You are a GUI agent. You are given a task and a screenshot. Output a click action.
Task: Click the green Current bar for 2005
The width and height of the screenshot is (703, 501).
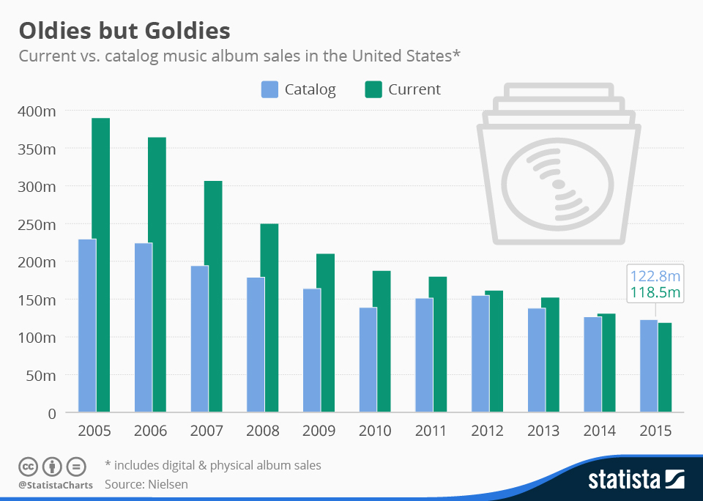click(101, 264)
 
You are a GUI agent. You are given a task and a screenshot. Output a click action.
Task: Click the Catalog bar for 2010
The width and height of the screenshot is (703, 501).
click(368, 360)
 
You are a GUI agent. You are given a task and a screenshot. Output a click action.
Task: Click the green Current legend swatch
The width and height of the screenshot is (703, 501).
click(373, 90)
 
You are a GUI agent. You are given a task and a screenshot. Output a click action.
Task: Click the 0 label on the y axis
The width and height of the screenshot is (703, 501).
click(51, 413)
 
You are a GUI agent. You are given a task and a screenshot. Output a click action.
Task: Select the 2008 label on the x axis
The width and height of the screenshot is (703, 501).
click(263, 431)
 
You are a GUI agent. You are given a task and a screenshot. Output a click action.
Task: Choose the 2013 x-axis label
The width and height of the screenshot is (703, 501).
click(544, 431)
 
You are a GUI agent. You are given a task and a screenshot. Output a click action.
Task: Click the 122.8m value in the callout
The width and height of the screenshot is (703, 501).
click(655, 277)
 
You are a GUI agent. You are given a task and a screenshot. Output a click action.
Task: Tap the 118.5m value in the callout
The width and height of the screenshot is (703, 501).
click(655, 294)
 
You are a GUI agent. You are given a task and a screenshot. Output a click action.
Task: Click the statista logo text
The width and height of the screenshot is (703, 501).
click(625, 480)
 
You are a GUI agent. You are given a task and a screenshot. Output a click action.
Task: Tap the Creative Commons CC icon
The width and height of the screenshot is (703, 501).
click(28, 466)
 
